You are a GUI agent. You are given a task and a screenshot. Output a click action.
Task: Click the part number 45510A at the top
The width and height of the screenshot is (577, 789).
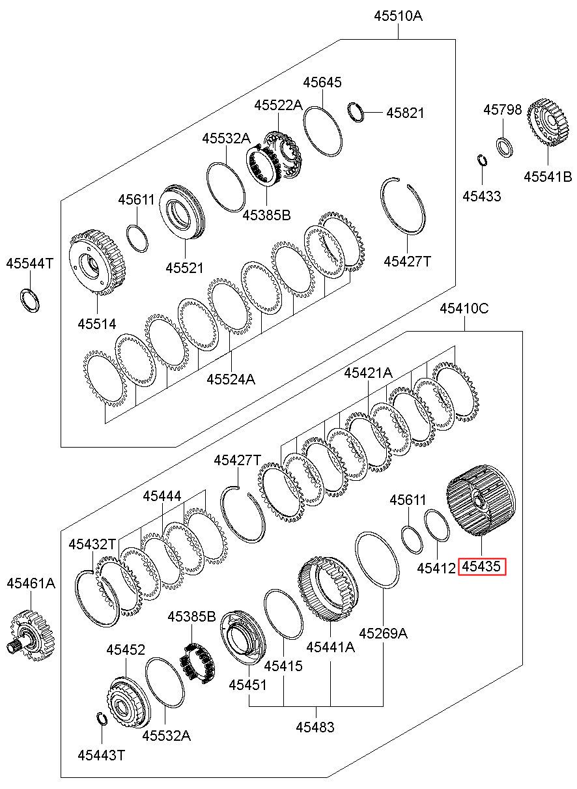click(398, 16)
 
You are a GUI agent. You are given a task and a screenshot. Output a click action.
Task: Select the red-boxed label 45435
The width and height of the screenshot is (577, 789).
click(481, 566)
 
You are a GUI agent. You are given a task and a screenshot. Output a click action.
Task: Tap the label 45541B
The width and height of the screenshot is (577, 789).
click(548, 177)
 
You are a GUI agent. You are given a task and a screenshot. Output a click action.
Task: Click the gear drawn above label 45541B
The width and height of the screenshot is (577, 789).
click(548, 122)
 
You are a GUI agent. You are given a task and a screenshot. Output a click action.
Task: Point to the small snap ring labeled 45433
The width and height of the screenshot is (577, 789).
click(482, 159)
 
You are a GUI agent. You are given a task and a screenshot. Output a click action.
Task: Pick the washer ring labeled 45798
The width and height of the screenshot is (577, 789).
click(504, 148)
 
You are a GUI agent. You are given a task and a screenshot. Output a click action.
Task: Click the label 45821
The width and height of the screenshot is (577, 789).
click(405, 113)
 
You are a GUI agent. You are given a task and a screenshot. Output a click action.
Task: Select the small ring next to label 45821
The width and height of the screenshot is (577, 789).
click(356, 112)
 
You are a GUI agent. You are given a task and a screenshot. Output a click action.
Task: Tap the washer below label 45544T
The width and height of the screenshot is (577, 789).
click(30, 300)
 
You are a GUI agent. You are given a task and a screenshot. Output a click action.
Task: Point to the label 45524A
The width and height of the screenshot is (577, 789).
click(231, 379)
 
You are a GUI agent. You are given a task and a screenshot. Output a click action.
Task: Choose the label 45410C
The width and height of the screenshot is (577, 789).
click(464, 309)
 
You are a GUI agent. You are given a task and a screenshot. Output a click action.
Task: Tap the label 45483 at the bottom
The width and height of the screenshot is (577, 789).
click(315, 727)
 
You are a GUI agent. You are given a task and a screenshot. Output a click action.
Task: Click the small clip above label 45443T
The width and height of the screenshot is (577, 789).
click(102, 719)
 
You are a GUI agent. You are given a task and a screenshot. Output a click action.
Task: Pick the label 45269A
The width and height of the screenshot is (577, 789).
click(383, 633)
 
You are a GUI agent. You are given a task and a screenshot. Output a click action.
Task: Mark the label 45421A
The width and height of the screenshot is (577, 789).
click(368, 372)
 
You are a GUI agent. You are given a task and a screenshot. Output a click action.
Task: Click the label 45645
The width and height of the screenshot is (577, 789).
click(322, 82)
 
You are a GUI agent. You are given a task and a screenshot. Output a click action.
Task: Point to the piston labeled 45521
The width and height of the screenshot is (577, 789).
click(182, 212)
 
